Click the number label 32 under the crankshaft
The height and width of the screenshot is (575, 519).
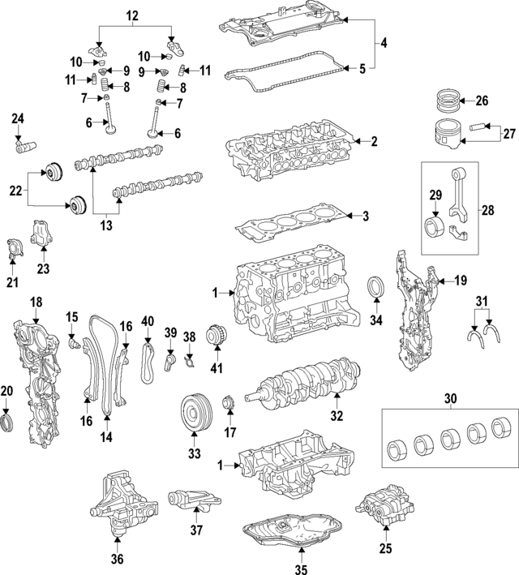[337, 416]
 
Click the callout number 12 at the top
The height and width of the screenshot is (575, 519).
[131, 15]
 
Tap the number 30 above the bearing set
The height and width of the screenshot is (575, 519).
[450, 398]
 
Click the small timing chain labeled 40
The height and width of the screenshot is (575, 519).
[147, 363]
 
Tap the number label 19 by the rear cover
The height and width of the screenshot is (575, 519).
[460, 281]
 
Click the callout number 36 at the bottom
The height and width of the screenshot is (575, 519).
[118, 559]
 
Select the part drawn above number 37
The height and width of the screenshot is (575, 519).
[188, 501]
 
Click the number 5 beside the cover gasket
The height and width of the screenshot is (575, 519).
[362, 69]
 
